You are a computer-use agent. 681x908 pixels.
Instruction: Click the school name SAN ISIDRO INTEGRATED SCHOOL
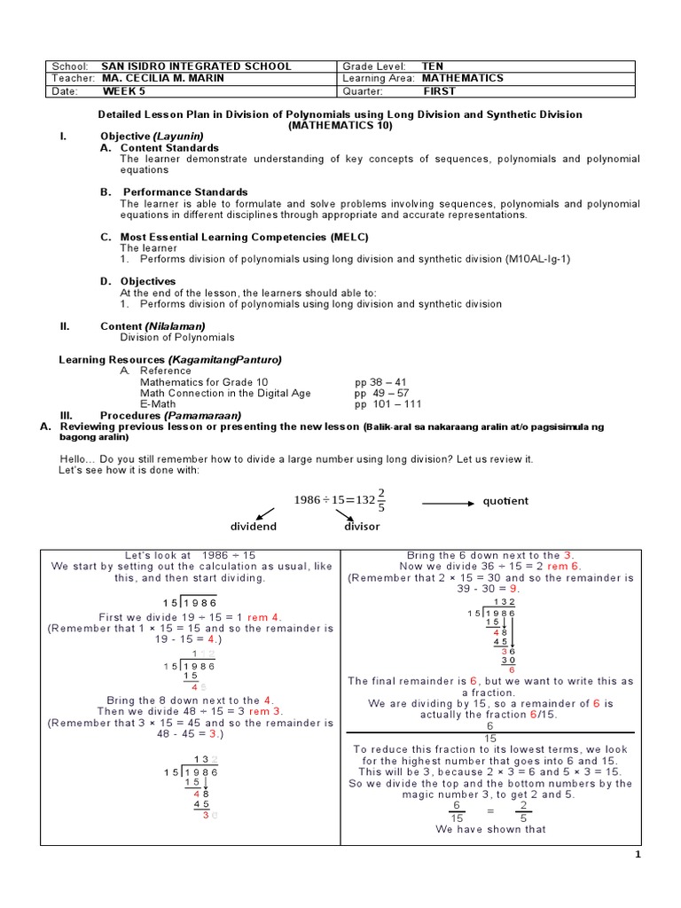tap(197, 67)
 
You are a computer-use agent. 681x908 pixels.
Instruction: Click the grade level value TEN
tap(432, 67)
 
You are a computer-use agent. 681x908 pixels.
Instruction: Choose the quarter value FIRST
tap(439, 90)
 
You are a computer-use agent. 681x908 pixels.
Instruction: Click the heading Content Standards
tap(169, 147)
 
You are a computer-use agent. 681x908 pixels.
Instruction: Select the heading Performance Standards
tap(184, 192)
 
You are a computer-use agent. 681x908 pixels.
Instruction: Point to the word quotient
tap(505, 501)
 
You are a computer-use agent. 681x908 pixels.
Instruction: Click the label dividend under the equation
tap(254, 526)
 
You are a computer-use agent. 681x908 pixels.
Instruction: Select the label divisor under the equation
tap(362, 526)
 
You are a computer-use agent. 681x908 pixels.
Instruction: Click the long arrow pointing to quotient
tap(449, 502)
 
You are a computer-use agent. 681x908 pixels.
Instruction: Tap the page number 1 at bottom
tap(637, 855)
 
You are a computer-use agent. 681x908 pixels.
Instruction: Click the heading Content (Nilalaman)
tap(153, 326)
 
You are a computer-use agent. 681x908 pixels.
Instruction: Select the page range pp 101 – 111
tap(384, 403)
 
